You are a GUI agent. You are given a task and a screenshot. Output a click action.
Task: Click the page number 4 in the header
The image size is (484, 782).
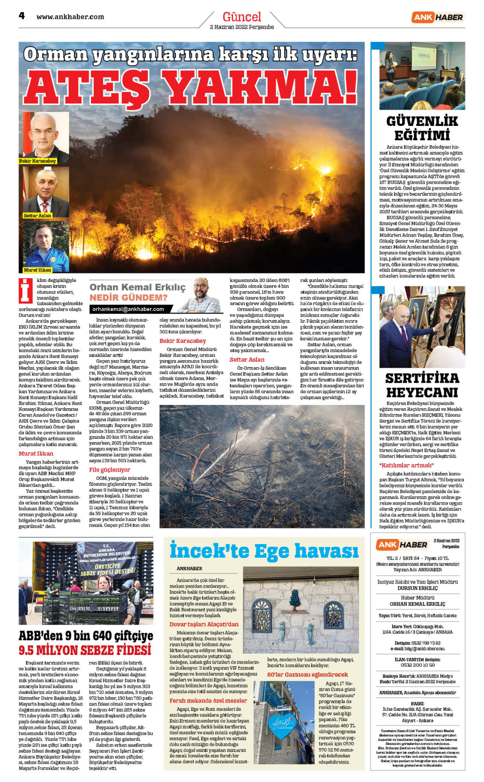pos(22,16)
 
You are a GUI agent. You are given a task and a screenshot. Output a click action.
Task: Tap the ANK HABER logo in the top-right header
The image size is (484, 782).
pos(437,17)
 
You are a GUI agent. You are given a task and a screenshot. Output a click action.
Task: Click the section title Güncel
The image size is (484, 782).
pos(242,17)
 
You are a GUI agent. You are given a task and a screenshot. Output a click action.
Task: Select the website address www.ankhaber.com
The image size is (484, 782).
pos(70,17)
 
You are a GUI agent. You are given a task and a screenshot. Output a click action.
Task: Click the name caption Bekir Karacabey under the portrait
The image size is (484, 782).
pos(37,161)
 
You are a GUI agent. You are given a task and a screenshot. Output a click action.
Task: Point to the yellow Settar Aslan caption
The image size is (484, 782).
pos(37,215)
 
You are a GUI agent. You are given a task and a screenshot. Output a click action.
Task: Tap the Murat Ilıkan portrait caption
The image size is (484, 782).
pos(37,270)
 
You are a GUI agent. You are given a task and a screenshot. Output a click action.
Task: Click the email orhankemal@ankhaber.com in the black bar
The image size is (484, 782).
pos(128,309)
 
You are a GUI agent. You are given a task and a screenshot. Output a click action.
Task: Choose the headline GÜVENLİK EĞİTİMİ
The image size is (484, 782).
pos(422,128)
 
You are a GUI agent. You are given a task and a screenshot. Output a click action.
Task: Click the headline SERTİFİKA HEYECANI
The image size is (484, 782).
pos(422,385)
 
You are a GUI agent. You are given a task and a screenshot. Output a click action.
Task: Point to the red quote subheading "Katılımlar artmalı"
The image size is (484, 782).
pos(407,465)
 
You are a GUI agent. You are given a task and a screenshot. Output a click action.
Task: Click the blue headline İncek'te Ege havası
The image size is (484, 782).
pos(264,551)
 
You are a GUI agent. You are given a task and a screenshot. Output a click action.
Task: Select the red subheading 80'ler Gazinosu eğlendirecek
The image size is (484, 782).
pos(307,675)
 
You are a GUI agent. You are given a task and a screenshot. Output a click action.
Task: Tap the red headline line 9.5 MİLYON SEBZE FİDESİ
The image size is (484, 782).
pos(85,650)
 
